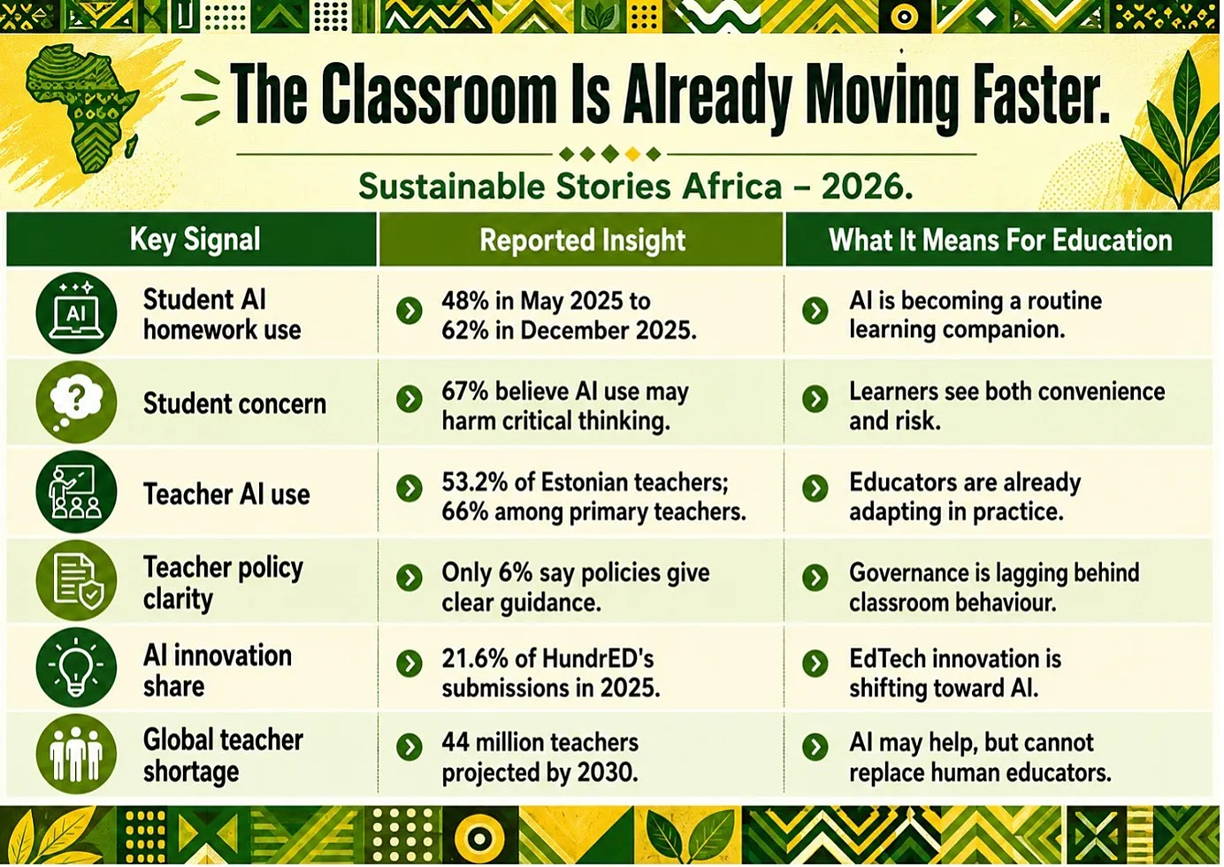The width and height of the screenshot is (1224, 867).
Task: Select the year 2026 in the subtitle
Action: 867,187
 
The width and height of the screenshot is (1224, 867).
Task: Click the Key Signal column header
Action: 195,240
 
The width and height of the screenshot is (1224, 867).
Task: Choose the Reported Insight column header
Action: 583,240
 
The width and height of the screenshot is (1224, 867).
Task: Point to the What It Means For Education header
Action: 1000,240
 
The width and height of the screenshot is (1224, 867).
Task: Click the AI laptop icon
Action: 76,312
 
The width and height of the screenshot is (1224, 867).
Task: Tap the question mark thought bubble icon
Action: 76,403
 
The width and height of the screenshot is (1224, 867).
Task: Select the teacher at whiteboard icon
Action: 76,491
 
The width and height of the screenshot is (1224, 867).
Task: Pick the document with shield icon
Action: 76,580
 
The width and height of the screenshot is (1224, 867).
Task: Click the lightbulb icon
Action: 76,667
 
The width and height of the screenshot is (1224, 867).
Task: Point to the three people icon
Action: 76,754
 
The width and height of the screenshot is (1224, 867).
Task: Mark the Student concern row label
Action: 235,403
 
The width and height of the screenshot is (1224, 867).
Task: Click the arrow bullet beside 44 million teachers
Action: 409,748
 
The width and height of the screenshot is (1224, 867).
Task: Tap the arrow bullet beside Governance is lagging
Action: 815,578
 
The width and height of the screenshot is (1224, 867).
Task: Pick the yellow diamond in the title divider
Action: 632,154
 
